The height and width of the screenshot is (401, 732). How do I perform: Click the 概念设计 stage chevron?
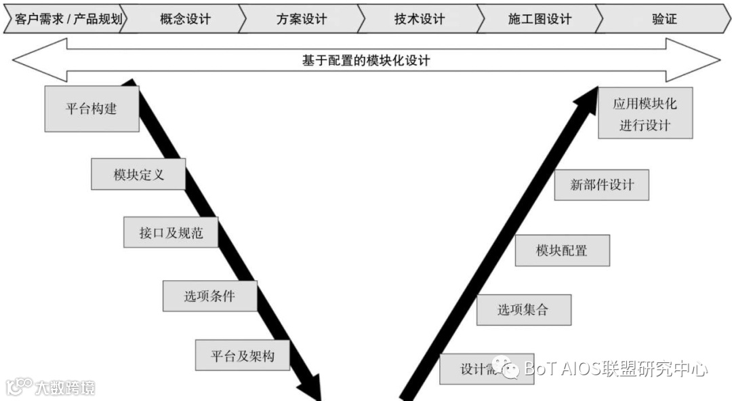point(185,19)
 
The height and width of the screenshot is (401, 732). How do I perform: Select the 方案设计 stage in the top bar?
point(302,19)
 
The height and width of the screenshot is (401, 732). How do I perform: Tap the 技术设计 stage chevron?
point(420,19)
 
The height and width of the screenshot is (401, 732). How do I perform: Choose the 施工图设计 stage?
point(540,19)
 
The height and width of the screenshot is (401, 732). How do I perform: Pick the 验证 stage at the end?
point(664,19)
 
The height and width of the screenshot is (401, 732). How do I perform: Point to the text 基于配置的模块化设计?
point(366,60)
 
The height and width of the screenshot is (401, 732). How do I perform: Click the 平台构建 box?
point(91,109)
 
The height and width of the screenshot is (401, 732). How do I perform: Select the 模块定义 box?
point(138,174)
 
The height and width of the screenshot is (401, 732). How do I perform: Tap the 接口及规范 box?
point(170,233)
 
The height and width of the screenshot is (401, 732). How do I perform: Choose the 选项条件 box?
point(210,296)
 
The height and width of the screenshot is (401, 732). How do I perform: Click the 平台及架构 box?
point(242,356)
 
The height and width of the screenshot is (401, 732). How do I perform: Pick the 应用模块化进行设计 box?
point(645,113)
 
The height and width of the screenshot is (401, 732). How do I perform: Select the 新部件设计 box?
point(601,185)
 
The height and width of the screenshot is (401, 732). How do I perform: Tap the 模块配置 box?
point(562,250)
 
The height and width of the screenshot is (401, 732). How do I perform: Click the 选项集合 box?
point(523,310)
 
